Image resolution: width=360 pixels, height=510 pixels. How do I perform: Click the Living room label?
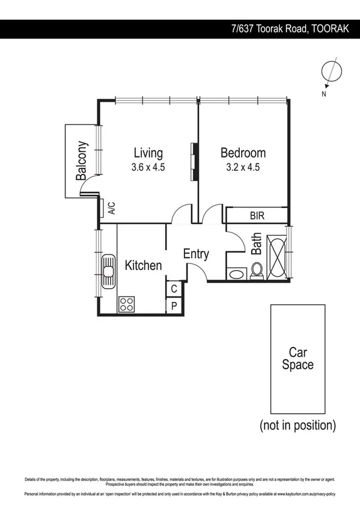point(148,153)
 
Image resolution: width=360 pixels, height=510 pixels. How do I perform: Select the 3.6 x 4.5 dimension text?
point(148,168)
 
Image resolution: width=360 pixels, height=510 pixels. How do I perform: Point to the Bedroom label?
point(243,153)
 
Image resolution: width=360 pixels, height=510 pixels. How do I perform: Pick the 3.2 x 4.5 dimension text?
point(243,168)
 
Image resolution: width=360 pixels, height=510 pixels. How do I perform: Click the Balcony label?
point(81,161)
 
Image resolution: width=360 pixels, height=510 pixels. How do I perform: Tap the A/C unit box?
point(111,209)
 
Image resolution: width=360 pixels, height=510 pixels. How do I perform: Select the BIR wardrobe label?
point(257,215)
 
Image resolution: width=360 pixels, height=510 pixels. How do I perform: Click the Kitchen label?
point(143,265)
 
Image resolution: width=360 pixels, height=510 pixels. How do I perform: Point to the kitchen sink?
point(108,272)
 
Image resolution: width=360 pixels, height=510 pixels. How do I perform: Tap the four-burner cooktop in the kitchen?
point(126,304)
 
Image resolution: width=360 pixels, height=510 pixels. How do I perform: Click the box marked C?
point(174,289)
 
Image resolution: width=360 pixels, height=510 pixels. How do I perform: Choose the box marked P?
point(174,306)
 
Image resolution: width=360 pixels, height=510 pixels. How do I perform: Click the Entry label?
point(196,254)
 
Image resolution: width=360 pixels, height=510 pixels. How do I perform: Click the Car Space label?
point(298,358)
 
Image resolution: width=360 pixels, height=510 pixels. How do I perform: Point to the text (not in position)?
point(297,425)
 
